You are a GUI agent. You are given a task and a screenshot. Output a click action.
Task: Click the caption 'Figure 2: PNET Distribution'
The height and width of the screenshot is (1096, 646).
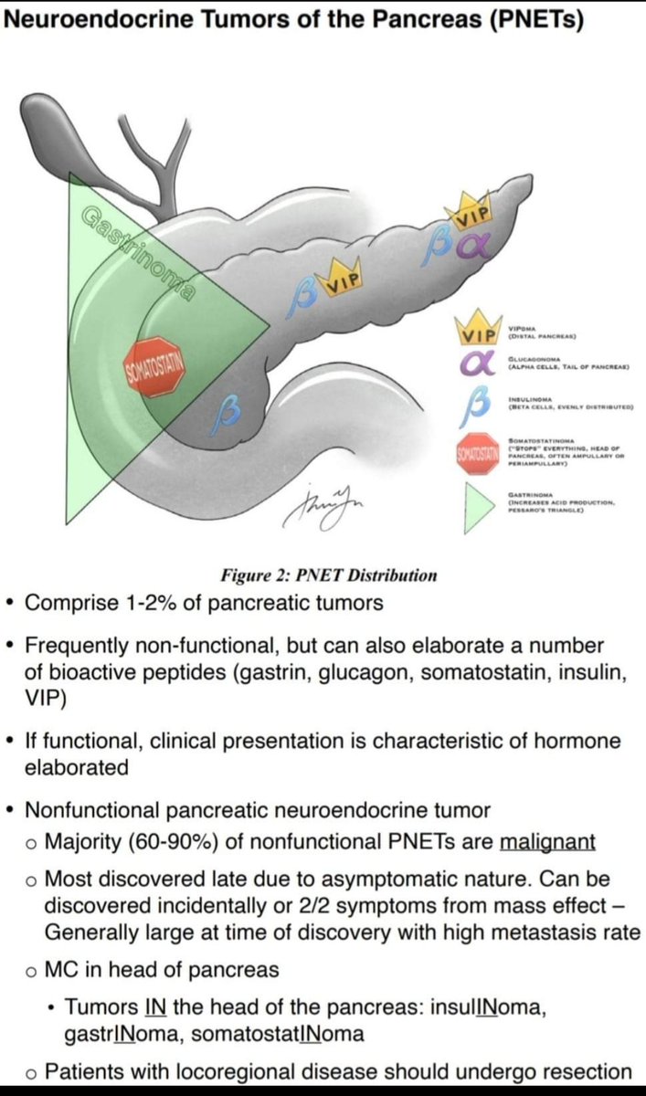[329, 575]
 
